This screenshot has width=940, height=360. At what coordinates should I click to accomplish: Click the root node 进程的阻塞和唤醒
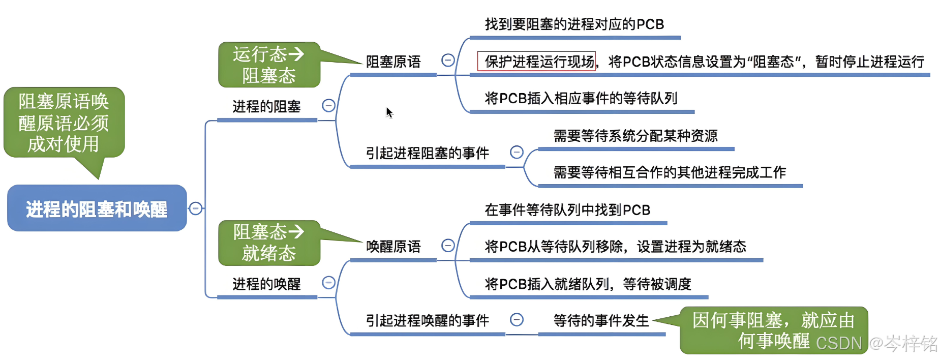97,208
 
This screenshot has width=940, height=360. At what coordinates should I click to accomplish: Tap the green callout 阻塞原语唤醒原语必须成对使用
64,123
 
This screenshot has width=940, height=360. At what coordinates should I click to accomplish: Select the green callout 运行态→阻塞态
269,65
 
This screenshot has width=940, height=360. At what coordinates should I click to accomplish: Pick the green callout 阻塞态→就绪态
269,243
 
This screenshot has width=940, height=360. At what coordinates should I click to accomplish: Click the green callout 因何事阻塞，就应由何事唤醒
773,330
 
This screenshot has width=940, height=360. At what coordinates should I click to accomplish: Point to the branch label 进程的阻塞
266,106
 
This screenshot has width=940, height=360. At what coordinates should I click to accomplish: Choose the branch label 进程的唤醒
266,284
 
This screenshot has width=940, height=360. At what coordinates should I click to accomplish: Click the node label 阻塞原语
393,62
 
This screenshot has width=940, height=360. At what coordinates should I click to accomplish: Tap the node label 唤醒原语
393,247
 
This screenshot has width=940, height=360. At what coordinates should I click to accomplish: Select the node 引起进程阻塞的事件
427,153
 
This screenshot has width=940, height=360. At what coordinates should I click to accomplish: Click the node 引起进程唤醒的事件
427,320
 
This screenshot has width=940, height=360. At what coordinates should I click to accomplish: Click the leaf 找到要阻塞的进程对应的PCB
574,24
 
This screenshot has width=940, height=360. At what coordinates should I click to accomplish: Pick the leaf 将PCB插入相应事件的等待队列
581,98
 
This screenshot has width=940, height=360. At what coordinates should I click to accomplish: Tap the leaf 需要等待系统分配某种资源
635,136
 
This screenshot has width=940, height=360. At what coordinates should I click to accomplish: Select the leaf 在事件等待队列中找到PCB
567,210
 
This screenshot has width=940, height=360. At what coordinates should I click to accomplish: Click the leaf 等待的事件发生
601,320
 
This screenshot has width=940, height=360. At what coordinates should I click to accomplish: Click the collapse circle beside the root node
196,208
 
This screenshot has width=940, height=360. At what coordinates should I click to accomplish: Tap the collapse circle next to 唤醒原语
448,246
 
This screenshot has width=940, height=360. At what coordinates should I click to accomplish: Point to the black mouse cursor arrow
389,112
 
